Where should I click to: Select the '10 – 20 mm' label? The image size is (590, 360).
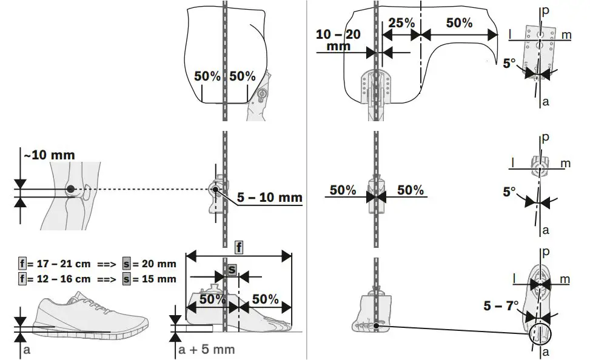pyautogui.click(x=338, y=40)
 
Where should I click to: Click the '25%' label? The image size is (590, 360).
pyautogui.click(x=401, y=23)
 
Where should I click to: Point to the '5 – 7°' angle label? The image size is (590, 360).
pyautogui.click(x=501, y=306)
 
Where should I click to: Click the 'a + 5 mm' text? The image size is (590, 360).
pyautogui.click(x=206, y=349)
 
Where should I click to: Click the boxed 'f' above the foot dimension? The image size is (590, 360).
pyautogui.click(x=239, y=247)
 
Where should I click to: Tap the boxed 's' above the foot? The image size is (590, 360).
pyautogui.click(x=232, y=268)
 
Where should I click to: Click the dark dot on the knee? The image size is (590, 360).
pyautogui.click(x=71, y=189)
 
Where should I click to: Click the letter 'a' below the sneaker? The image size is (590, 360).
pyautogui.click(x=25, y=350)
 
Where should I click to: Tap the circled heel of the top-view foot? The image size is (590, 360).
pyautogui.click(x=540, y=333)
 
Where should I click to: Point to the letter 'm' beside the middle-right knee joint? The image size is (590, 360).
pyautogui.click(x=566, y=164)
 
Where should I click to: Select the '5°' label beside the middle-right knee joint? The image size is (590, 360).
pyautogui.click(x=510, y=192)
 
